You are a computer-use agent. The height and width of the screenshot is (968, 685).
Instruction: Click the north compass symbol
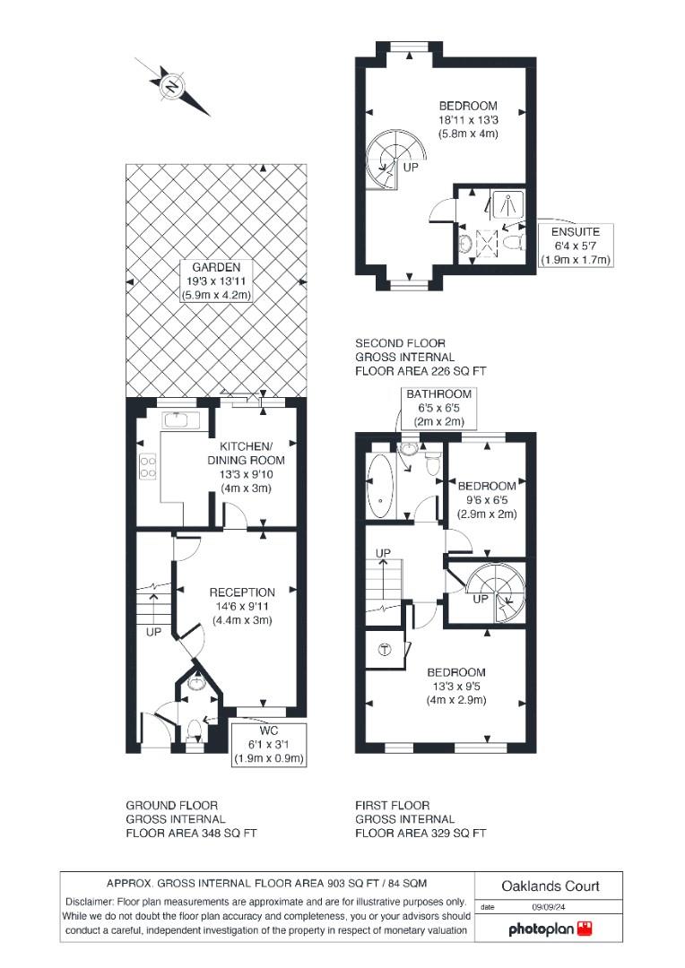tap(171, 87)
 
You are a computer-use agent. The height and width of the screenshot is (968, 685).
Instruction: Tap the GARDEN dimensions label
tap(215, 281)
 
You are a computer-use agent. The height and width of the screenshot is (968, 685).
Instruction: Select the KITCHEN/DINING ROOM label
tap(247, 466)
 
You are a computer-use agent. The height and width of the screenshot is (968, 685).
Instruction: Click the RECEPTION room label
tap(242, 605)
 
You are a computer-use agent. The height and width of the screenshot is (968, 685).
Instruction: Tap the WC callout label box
tap(269, 745)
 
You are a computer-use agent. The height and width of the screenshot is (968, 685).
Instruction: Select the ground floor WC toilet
tap(197, 728)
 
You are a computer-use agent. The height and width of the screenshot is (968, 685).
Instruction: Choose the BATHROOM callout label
tap(438, 408)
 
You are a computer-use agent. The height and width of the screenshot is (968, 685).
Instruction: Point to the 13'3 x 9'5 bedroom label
tap(455, 686)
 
